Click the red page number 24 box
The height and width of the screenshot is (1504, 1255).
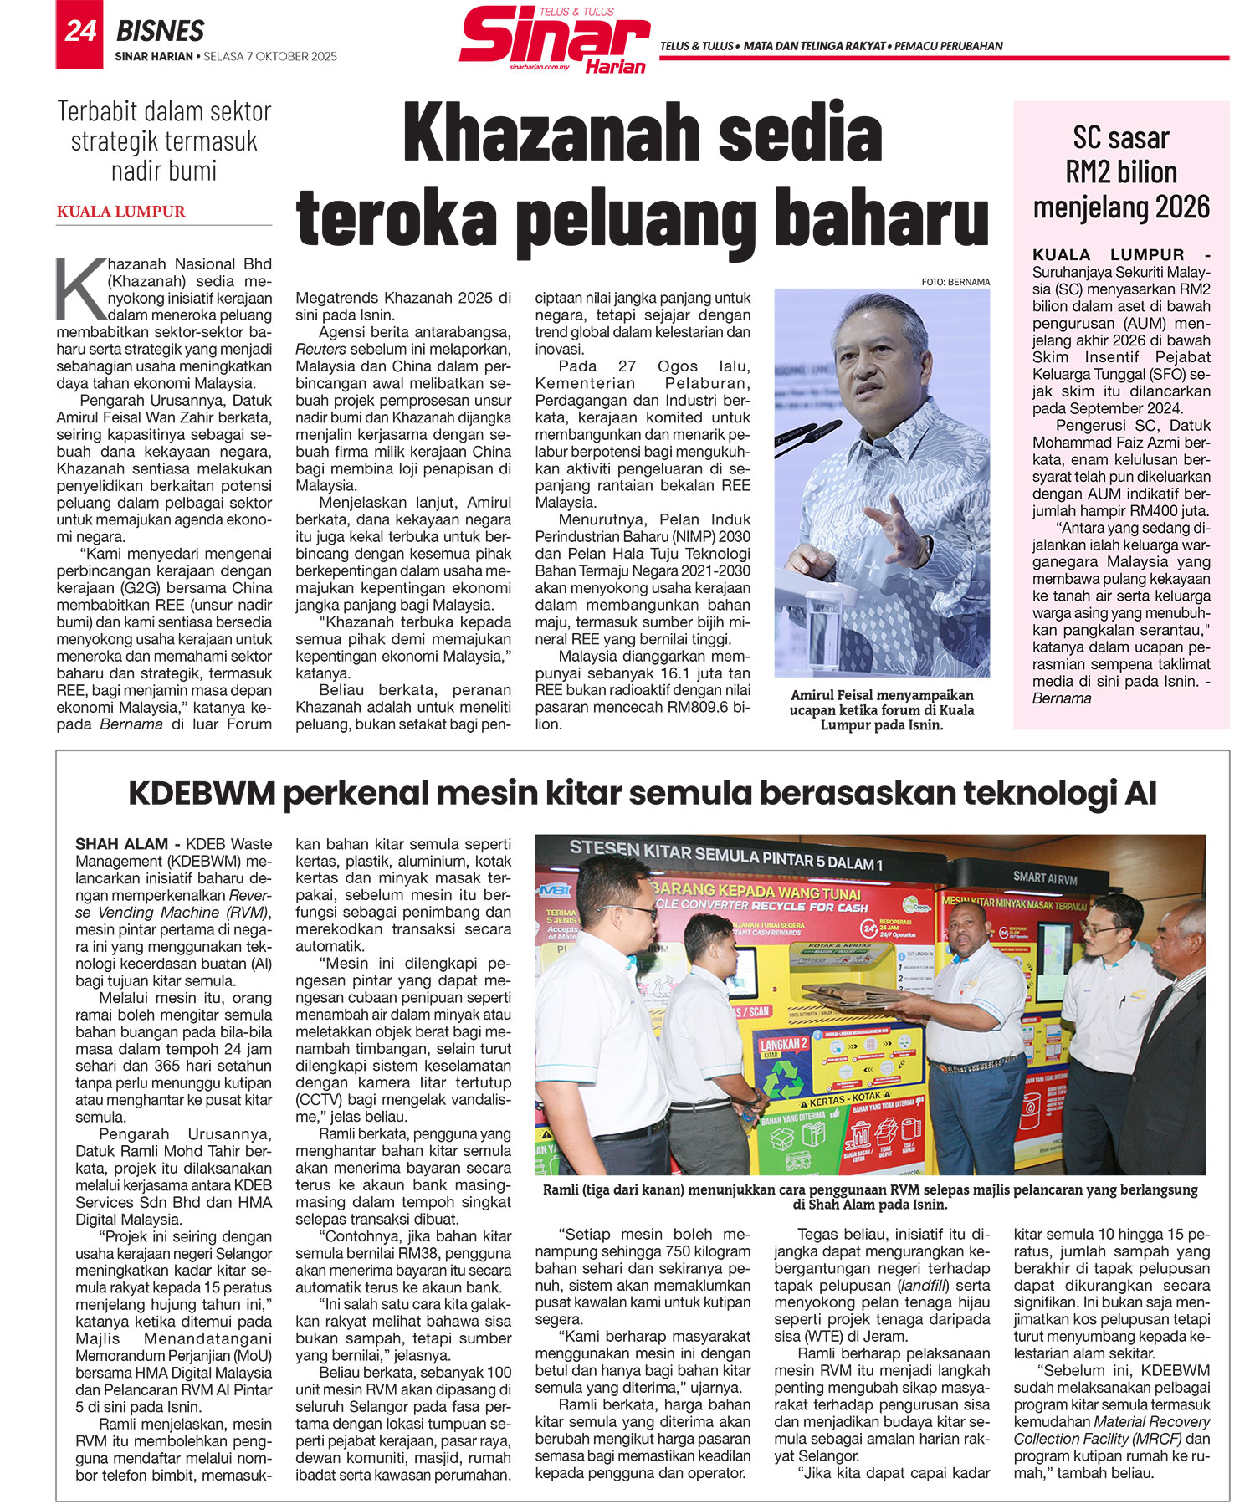79,33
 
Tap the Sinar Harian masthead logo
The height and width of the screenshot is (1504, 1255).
555,39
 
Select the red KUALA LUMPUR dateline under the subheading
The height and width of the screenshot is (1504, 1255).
120,212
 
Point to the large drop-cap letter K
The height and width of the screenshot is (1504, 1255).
80,289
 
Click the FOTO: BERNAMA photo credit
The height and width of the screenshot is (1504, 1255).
955,282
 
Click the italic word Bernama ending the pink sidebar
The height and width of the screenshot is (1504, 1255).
1061,698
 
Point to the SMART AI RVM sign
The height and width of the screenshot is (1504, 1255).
1044,877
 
